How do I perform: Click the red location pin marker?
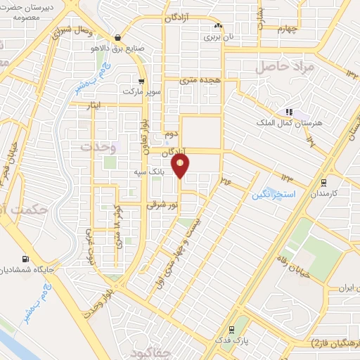[x=181, y=166]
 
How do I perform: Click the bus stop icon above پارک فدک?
[x=231, y=328]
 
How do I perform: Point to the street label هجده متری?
[x=200, y=81]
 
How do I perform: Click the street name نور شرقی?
[x=158, y=205]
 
